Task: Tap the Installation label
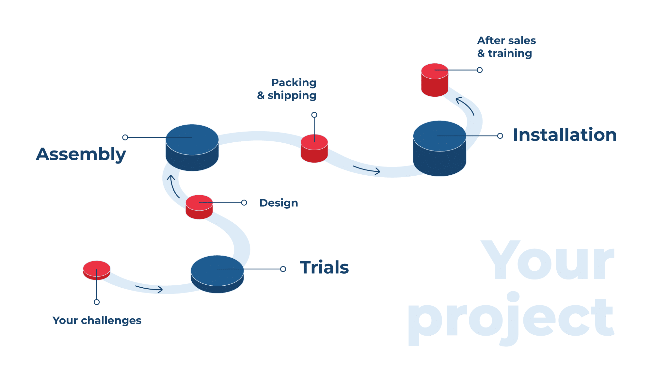point(565,135)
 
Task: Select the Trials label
point(324,267)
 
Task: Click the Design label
point(279,203)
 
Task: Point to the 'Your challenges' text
point(97,320)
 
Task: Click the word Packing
point(294,83)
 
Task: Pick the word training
point(510,53)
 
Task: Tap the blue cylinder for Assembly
point(192,148)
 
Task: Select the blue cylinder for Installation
point(439,149)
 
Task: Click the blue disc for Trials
point(217,274)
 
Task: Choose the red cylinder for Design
point(199,207)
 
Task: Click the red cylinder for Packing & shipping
point(314,149)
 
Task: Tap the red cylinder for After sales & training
point(435,80)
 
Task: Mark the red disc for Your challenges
point(97,270)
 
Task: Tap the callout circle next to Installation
point(500,136)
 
